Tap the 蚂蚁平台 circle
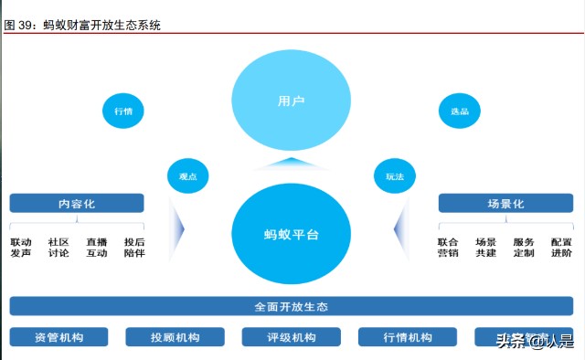coord(292,234)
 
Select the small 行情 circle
coord(122,111)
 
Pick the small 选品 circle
coord(460,111)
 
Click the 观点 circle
coord(188,176)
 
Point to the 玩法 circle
coord(395,176)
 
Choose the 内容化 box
coord(77,203)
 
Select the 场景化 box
coord(505,203)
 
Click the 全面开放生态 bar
coord(292,306)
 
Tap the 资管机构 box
coord(58,337)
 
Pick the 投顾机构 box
coord(175,337)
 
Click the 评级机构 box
coord(292,337)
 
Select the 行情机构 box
coord(408,337)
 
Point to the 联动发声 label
coord(21,248)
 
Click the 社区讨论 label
coord(58,248)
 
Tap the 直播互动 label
coord(97,248)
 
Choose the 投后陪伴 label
coord(134,248)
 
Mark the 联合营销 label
coord(448,248)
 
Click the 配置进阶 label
coord(561,248)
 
